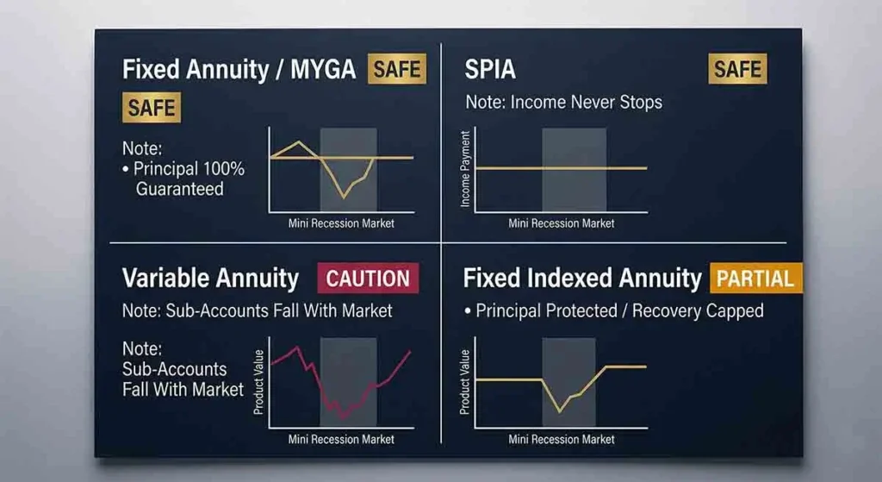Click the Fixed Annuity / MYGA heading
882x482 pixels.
[x=239, y=70]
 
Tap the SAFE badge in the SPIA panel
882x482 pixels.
[x=737, y=69]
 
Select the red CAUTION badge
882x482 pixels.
[x=368, y=279]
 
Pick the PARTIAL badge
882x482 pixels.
[x=755, y=279]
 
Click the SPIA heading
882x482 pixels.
[x=491, y=69]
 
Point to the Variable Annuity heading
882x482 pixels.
[x=210, y=279]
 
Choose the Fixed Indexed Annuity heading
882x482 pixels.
[x=582, y=279]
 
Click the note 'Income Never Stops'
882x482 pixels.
[x=564, y=102]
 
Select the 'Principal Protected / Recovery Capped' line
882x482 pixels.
[x=619, y=310]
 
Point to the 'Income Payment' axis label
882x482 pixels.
[x=466, y=169]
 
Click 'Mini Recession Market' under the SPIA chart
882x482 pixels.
[x=562, y=223]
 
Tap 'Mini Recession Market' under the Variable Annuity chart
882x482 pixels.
[x=341, y=439]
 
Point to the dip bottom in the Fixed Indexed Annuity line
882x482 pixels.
[x=560, y=410]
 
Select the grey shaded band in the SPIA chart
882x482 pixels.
[x=574, y=168]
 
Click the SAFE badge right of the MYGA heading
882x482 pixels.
[x=397, y=70]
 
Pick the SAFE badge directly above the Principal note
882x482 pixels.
[x=152, y=108]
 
